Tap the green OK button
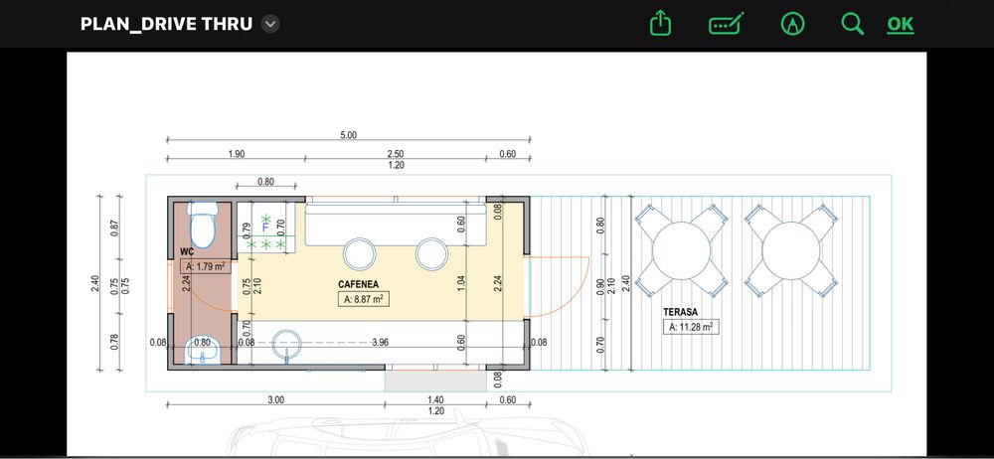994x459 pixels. [900, 24]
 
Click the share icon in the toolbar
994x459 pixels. [660, 24]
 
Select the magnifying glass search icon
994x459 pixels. [852, 24]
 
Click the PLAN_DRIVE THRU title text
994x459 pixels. [166, 24]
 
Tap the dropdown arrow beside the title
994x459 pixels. [269, 24]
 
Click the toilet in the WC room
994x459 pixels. [202, 225]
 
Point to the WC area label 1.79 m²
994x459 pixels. [205, 266]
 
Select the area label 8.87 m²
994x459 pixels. [363, 299]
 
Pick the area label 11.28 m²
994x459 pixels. [691, 326]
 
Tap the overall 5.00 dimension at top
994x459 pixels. [348, 135]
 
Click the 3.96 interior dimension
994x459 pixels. [379, 342]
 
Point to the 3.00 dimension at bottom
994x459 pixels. [275, 399]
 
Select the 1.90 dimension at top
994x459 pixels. [236, 154]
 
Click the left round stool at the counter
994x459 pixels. [357, 253]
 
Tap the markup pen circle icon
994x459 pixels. [792, 24]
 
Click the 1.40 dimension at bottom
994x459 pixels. [435, 399]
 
